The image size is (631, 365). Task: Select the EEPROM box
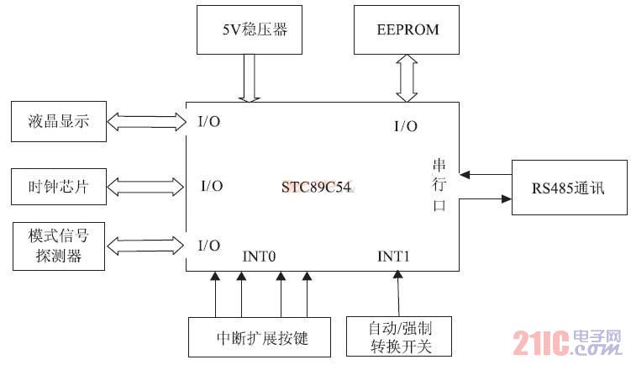pos(408,29)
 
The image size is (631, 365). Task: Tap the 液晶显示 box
pos(58,122)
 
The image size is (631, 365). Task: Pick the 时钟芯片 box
pos(58,186)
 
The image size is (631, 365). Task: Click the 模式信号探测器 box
pos(58,246)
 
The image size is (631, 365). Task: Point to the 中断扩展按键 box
pos(263,339)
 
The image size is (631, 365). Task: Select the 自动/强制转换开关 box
pos(399,336)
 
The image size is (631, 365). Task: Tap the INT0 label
pos(260,256)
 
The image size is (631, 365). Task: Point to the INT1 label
pos(393,256)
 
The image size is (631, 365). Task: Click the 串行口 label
pos(439,186)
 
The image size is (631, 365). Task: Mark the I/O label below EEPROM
pos(405,126)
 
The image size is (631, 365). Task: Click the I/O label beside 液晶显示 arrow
pos(209,122)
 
